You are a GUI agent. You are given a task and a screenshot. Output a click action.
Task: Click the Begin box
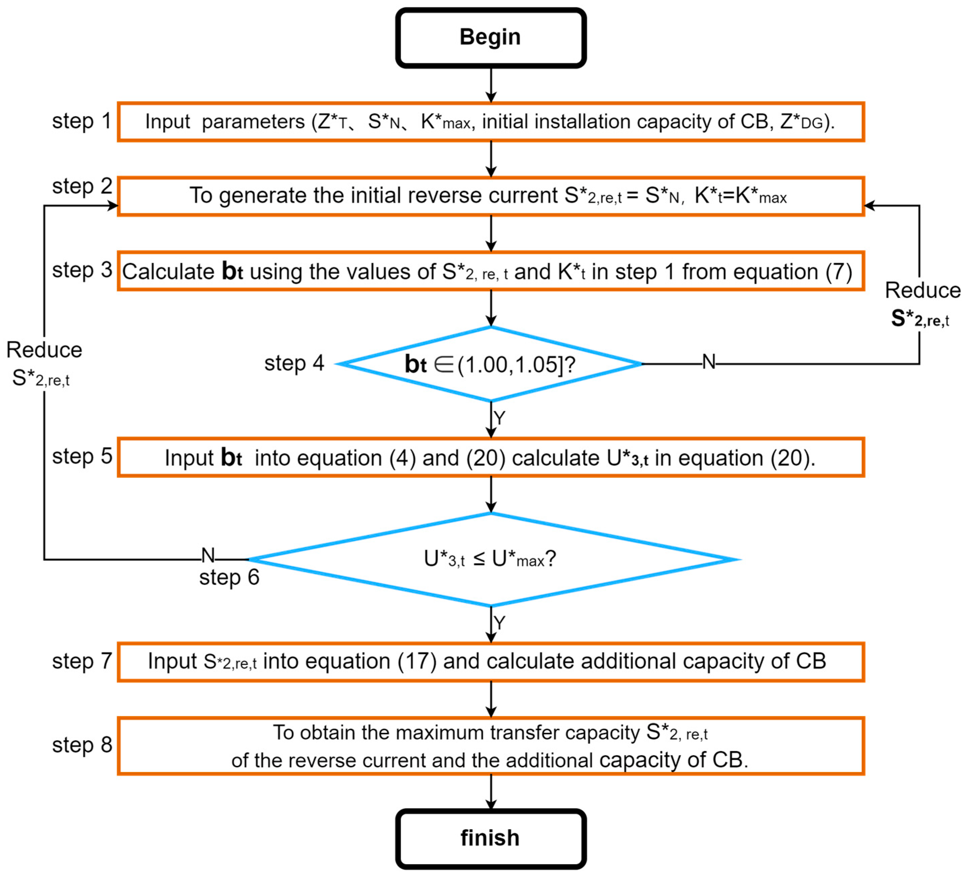pos(490,38)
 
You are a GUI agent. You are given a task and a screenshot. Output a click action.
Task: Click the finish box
pos(490,838)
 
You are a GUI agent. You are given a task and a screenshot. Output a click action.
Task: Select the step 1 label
pos(82,121)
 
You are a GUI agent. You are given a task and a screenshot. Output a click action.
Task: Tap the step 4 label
pos(294,363)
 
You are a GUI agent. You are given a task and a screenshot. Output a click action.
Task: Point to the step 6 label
pos(229,577)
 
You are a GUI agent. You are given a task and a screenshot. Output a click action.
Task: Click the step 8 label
pos(82,745)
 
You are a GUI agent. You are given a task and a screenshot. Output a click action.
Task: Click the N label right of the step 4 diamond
pos(709,362)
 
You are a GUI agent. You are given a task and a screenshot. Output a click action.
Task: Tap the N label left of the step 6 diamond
pos(208,555)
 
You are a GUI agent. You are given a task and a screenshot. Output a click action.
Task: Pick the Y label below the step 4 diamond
pos(499,418)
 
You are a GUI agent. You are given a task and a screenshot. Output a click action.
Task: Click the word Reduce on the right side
pos(922,290)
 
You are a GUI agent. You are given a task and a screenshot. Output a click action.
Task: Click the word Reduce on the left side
pos(44,350)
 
